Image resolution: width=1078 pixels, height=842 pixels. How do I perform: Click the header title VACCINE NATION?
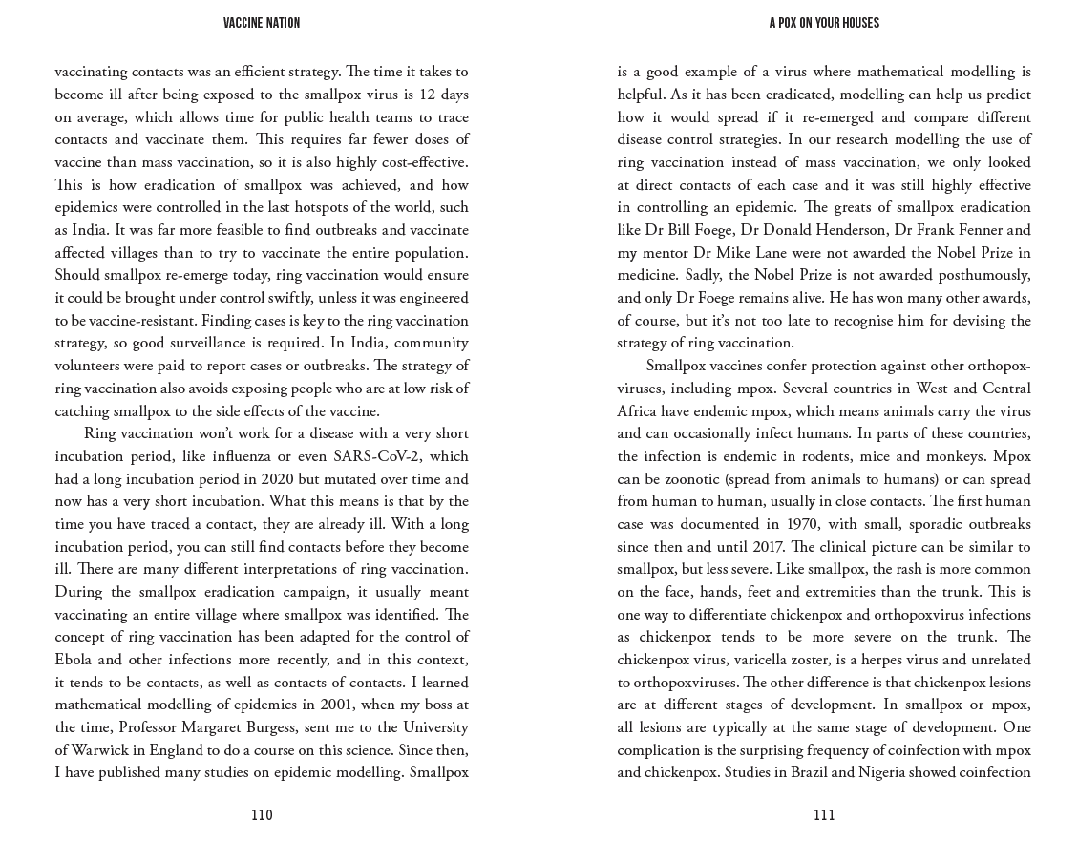[x=262, y=23]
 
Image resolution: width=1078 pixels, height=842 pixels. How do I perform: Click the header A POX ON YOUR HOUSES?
[x=824, y=23]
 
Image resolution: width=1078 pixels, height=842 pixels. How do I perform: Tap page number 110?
[x=262, y=814]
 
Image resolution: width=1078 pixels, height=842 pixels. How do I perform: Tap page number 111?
[x=824, y=814]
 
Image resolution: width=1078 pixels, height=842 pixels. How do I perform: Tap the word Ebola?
[x=75, y=660]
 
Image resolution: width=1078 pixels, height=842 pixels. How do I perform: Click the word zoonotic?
[x=681, y=479]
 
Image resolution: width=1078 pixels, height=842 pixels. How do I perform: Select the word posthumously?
[x=983, y=275]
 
